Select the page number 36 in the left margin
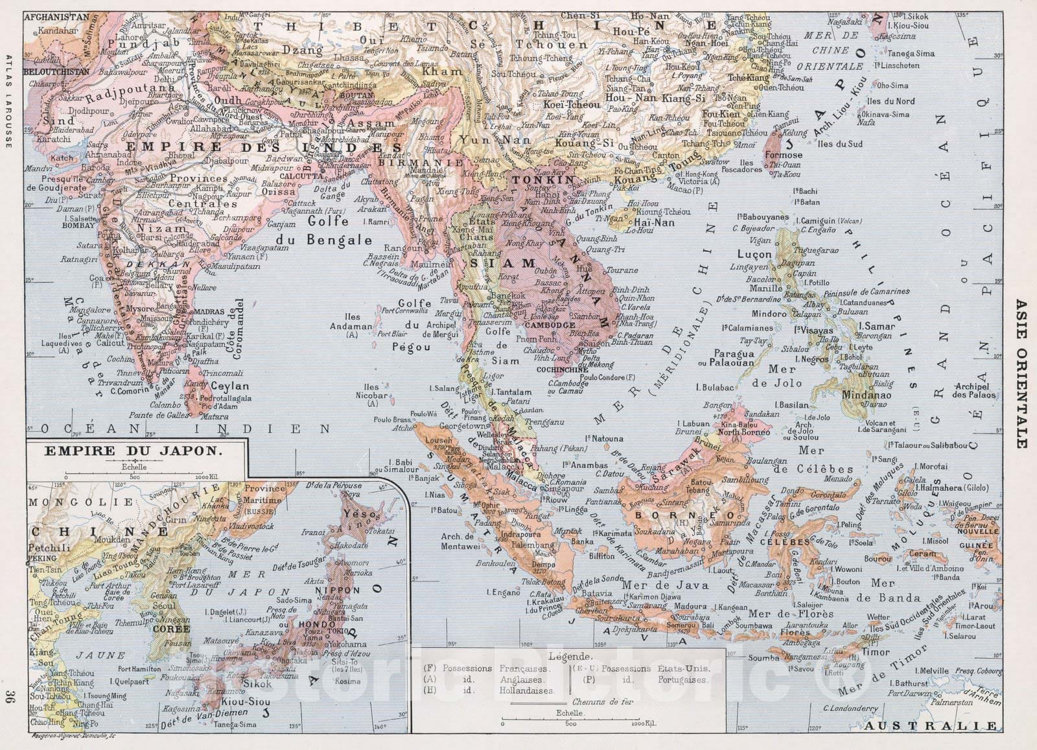pyautogui.click(x=8, y=697)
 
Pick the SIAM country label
pyautogui.click(x=502, y=263)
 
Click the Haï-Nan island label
pyautogui.click(x=655, y=222)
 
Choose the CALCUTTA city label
pyautogui.click(x=297, y=175)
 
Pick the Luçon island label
pyautogui.click(x=755, y=255)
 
